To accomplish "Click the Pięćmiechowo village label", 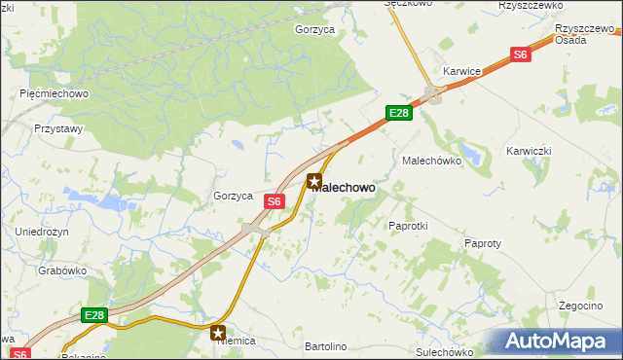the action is pyautogui.click(x=55, y=93).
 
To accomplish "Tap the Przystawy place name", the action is pyautogui.click(x=58, y=127).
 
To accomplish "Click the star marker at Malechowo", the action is pyautogui.click(x=314, y=180).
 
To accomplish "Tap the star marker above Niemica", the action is pyautogui.click(x=218, y=333).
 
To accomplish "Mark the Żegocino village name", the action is pyautogui.click(x=582, y=305).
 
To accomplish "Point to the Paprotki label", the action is pyautogui.click(x=408, y=225).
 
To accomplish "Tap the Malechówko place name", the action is pyautogui.click(x=430, y=159).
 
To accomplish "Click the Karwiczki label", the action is pyautogui.click(x=530, y=151).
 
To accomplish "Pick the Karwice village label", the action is pyautogui.click(x=462, y=71).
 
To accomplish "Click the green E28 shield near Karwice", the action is pyautogui.click(x=399, y=114).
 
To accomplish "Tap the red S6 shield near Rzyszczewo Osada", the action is pyautogui.click(x=521, y=55).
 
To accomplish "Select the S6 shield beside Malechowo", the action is pyautogui.click(x=275, y=201).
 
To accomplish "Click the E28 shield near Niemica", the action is pyautogui.click(x=93, y=316).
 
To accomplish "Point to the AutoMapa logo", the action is pyautogui.click(x=558, y=341).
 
